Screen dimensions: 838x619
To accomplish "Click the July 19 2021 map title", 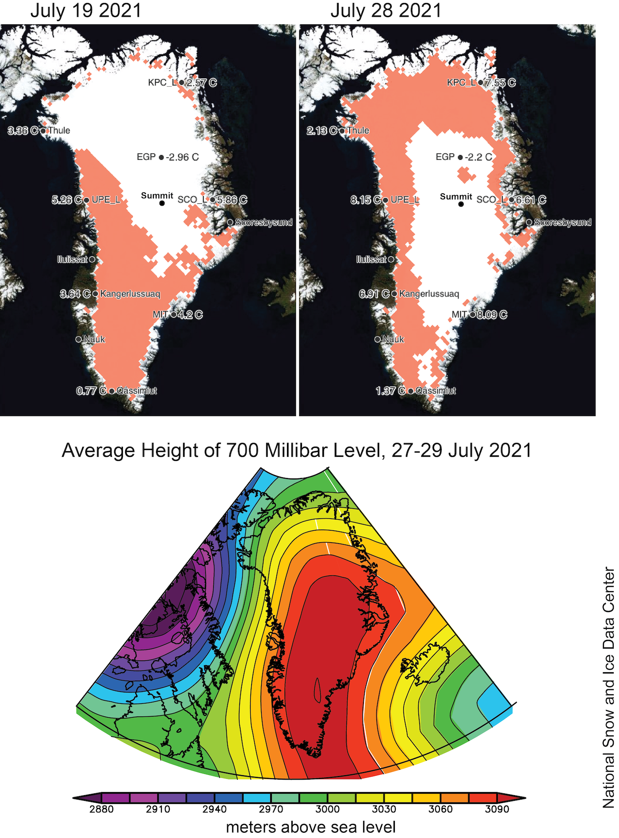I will (x=86, y=11).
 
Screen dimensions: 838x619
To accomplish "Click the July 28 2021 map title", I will (x=386, y=11).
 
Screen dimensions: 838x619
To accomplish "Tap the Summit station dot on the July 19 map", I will (x=162, y=203).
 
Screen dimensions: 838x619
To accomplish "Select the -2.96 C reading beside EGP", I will (x=182, y=157).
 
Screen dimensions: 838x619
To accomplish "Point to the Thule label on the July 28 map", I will (x=358, y=130).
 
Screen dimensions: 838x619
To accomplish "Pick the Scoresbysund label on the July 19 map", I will (x=264, y=222).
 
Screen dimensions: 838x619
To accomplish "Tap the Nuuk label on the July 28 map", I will (x=393, y=339).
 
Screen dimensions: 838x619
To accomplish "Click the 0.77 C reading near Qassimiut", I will (x=91, y=391).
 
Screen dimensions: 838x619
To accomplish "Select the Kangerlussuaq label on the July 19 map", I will (x=130, y=294).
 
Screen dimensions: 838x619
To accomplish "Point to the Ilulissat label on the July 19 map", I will (x=73, y=260).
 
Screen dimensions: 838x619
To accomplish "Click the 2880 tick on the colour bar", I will (x=102, y=809).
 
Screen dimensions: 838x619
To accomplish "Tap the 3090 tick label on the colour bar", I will (x=497, y=809).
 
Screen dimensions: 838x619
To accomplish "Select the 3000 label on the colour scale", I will (x=328, y=809).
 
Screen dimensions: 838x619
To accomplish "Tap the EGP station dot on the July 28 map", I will (x=460, y=157).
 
